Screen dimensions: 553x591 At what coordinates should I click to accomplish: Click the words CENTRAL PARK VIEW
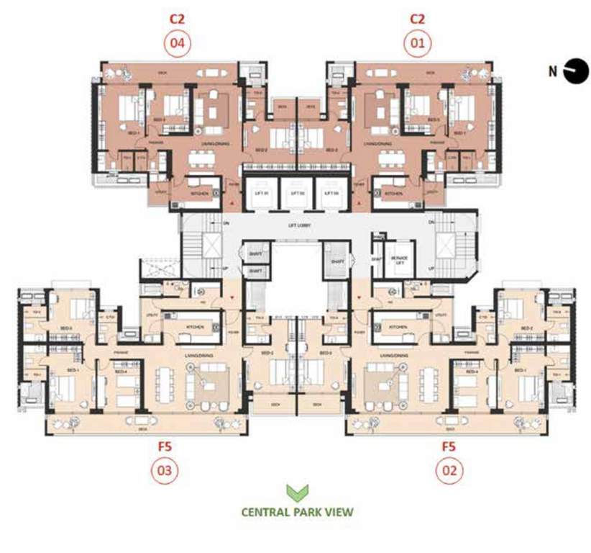pyautogui.click(x=296, y=513)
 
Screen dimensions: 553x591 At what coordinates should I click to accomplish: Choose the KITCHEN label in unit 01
pyautogui.click(x=393, y=194)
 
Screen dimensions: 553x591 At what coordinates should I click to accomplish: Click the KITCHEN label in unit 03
pyautogui.click(x=196, y=326)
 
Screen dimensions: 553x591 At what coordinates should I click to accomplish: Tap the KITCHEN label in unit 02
pyautogui.click(x=398, y=326)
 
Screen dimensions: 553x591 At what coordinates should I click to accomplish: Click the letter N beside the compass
pyautogui.click(x=552, y=71)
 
